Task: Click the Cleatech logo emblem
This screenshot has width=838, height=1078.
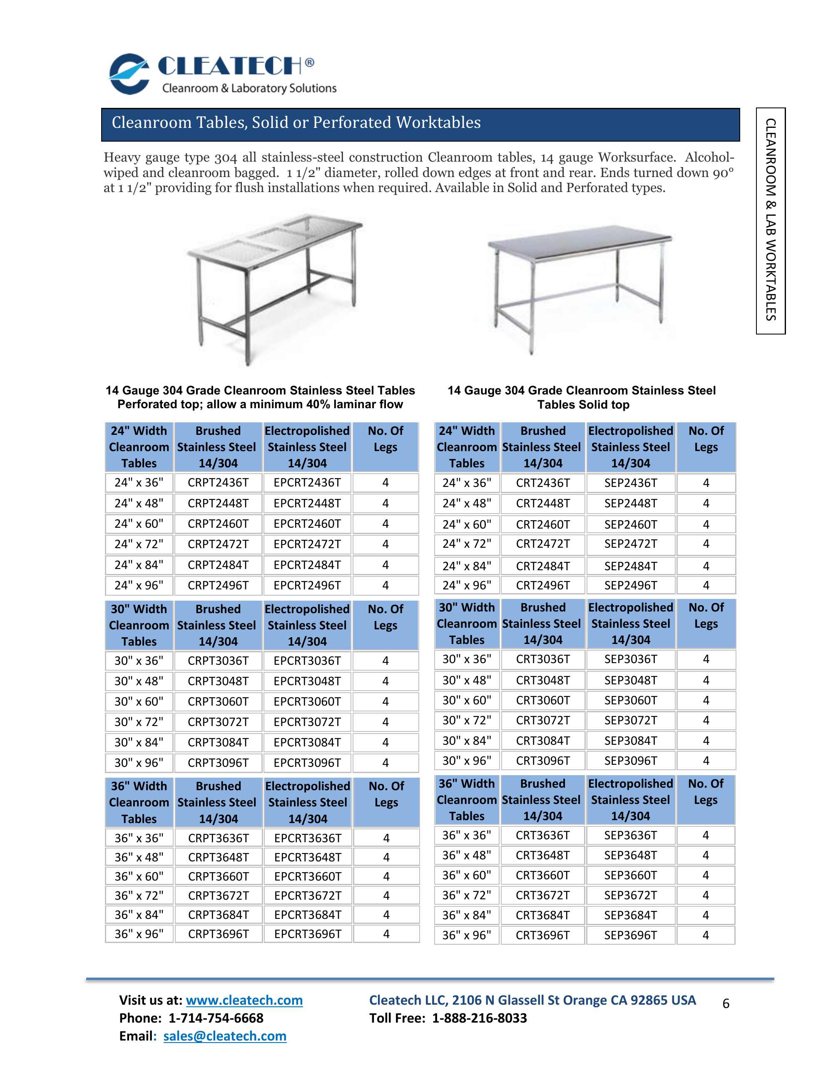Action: pyautogui.click(x=129, y=74)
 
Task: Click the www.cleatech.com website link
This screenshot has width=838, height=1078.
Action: pyautogui.click(x=244, y=1000)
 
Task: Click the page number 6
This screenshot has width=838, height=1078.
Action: pyautogui.click(x=726, y=1003)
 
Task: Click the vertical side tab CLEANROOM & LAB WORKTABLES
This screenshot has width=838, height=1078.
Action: pyautogui.click(x=771, y=220)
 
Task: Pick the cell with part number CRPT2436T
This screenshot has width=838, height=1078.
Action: pyautogui.click(x=218, y=483)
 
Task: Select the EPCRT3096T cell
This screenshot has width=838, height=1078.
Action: pyautogui.click(x=307, y=763)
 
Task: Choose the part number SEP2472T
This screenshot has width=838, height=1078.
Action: pyautogui.click(x=630, y=544)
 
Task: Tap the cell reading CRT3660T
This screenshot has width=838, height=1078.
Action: pyautogui.click(x=542, y=875)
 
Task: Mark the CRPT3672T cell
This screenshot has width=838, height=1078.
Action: pyautogui.click(x=218, y=896)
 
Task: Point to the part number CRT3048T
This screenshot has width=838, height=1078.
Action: pyautogui.click(x=542, y=680)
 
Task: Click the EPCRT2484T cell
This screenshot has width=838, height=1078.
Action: pyautogui.click(x=307, y=565)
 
